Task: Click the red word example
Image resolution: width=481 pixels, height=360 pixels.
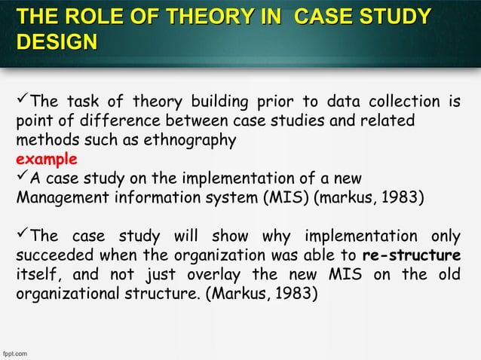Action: coord(46,160)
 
